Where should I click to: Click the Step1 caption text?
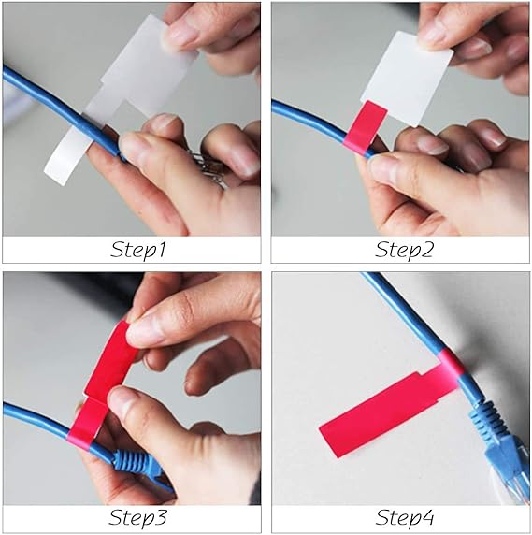point(137,250)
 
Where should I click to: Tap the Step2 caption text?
point(404,250)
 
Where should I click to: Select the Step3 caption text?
point(137,517)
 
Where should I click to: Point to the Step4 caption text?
point(405,517)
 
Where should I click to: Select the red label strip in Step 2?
point(365,128)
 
